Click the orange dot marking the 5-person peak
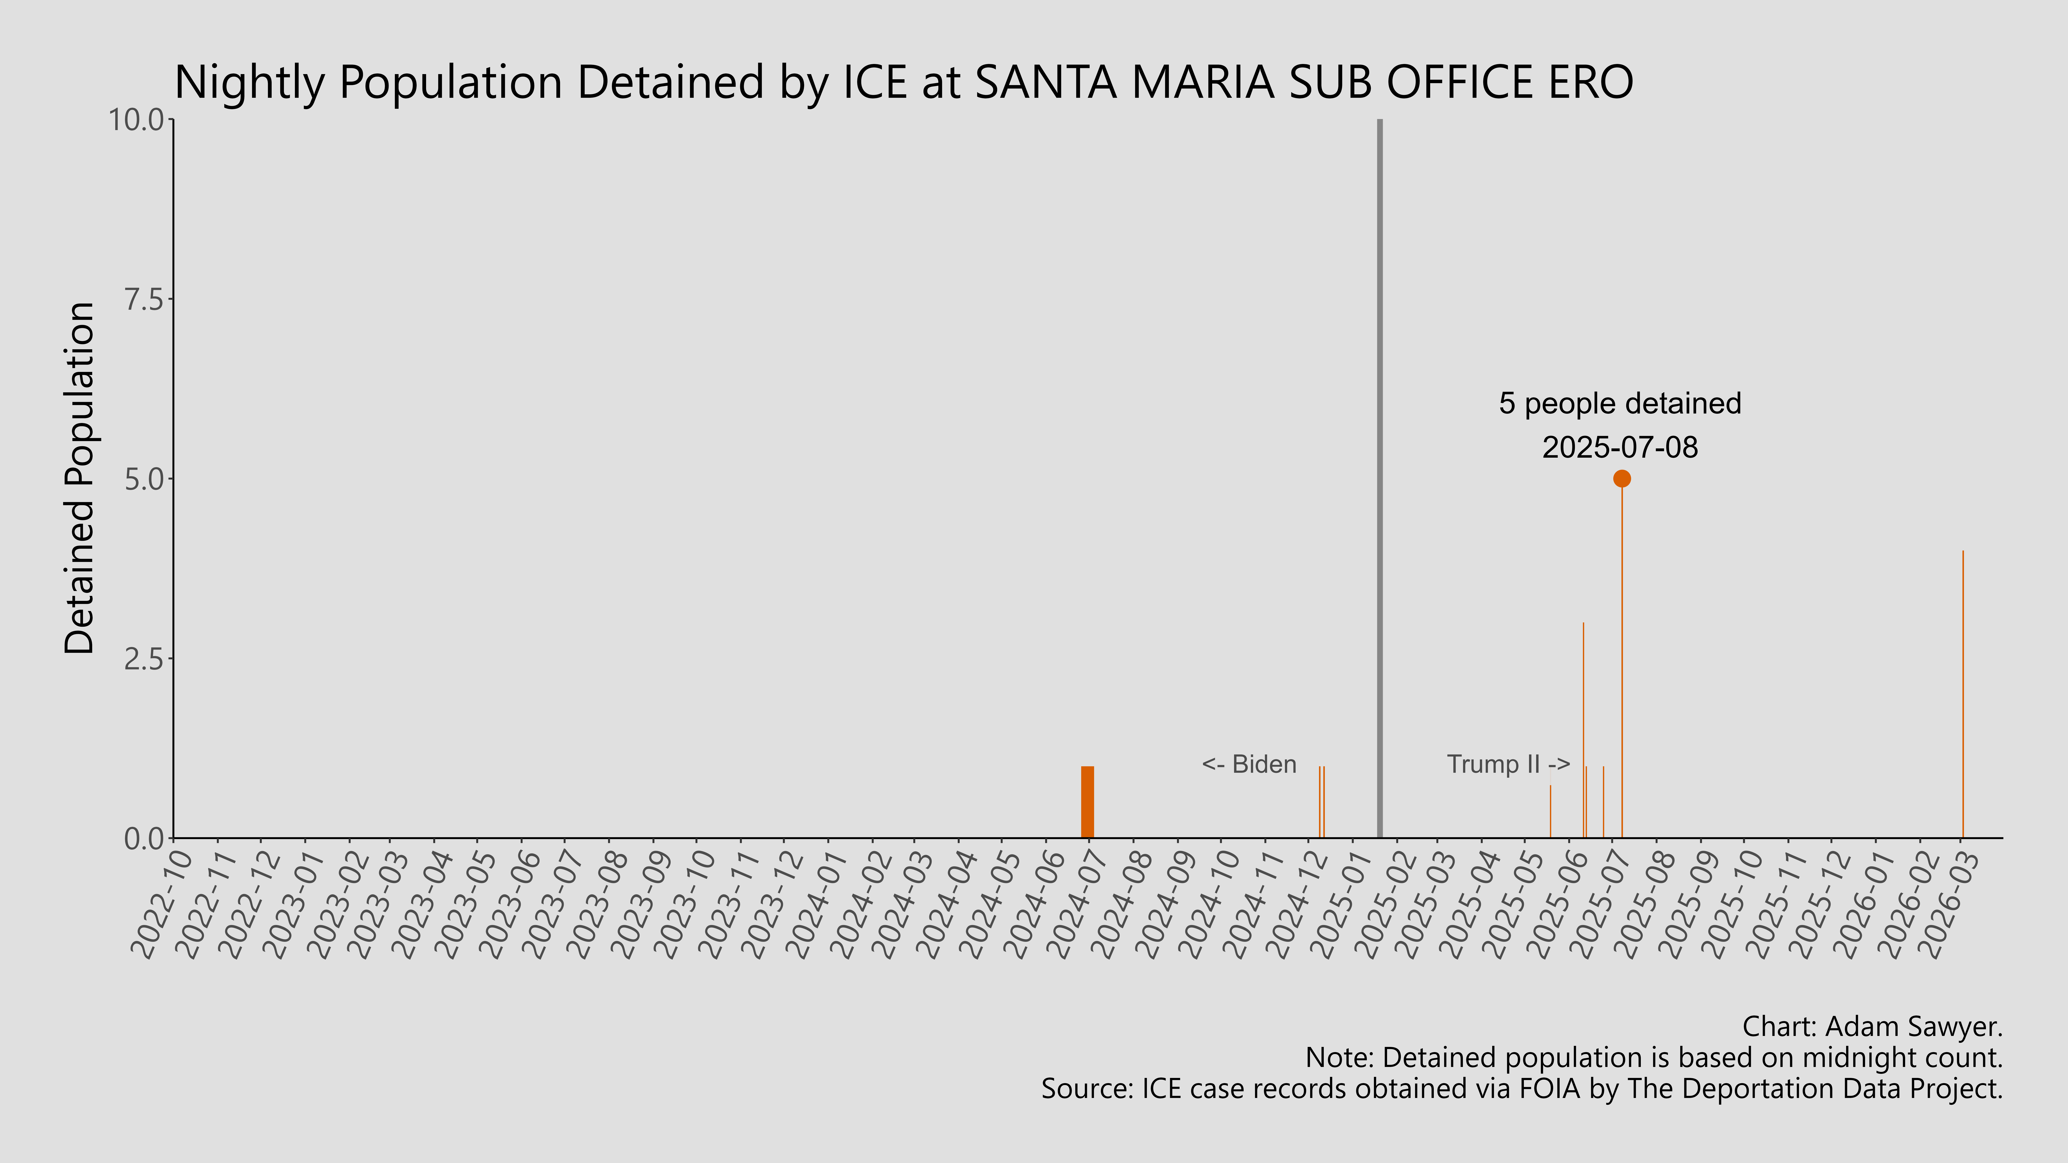[x=1622, y=478]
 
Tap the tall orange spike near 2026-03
[x=1963, y=694]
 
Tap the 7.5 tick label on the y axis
[x=143, y=299]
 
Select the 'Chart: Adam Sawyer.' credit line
[x=1872, y=1026]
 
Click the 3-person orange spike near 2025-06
[x=1583, y=730]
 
